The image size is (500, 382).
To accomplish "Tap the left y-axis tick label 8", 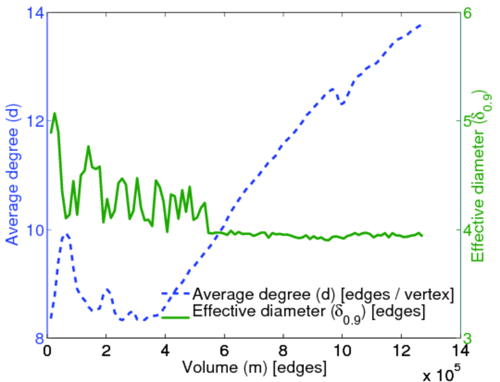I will tap(37, 338).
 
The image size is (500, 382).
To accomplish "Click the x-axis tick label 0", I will tap(47, 351).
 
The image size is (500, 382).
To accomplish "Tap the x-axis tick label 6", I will tap(224, 351).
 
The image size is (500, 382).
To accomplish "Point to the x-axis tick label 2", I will tap(106, 351).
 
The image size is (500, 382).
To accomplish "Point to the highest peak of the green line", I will tap(55, 113).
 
